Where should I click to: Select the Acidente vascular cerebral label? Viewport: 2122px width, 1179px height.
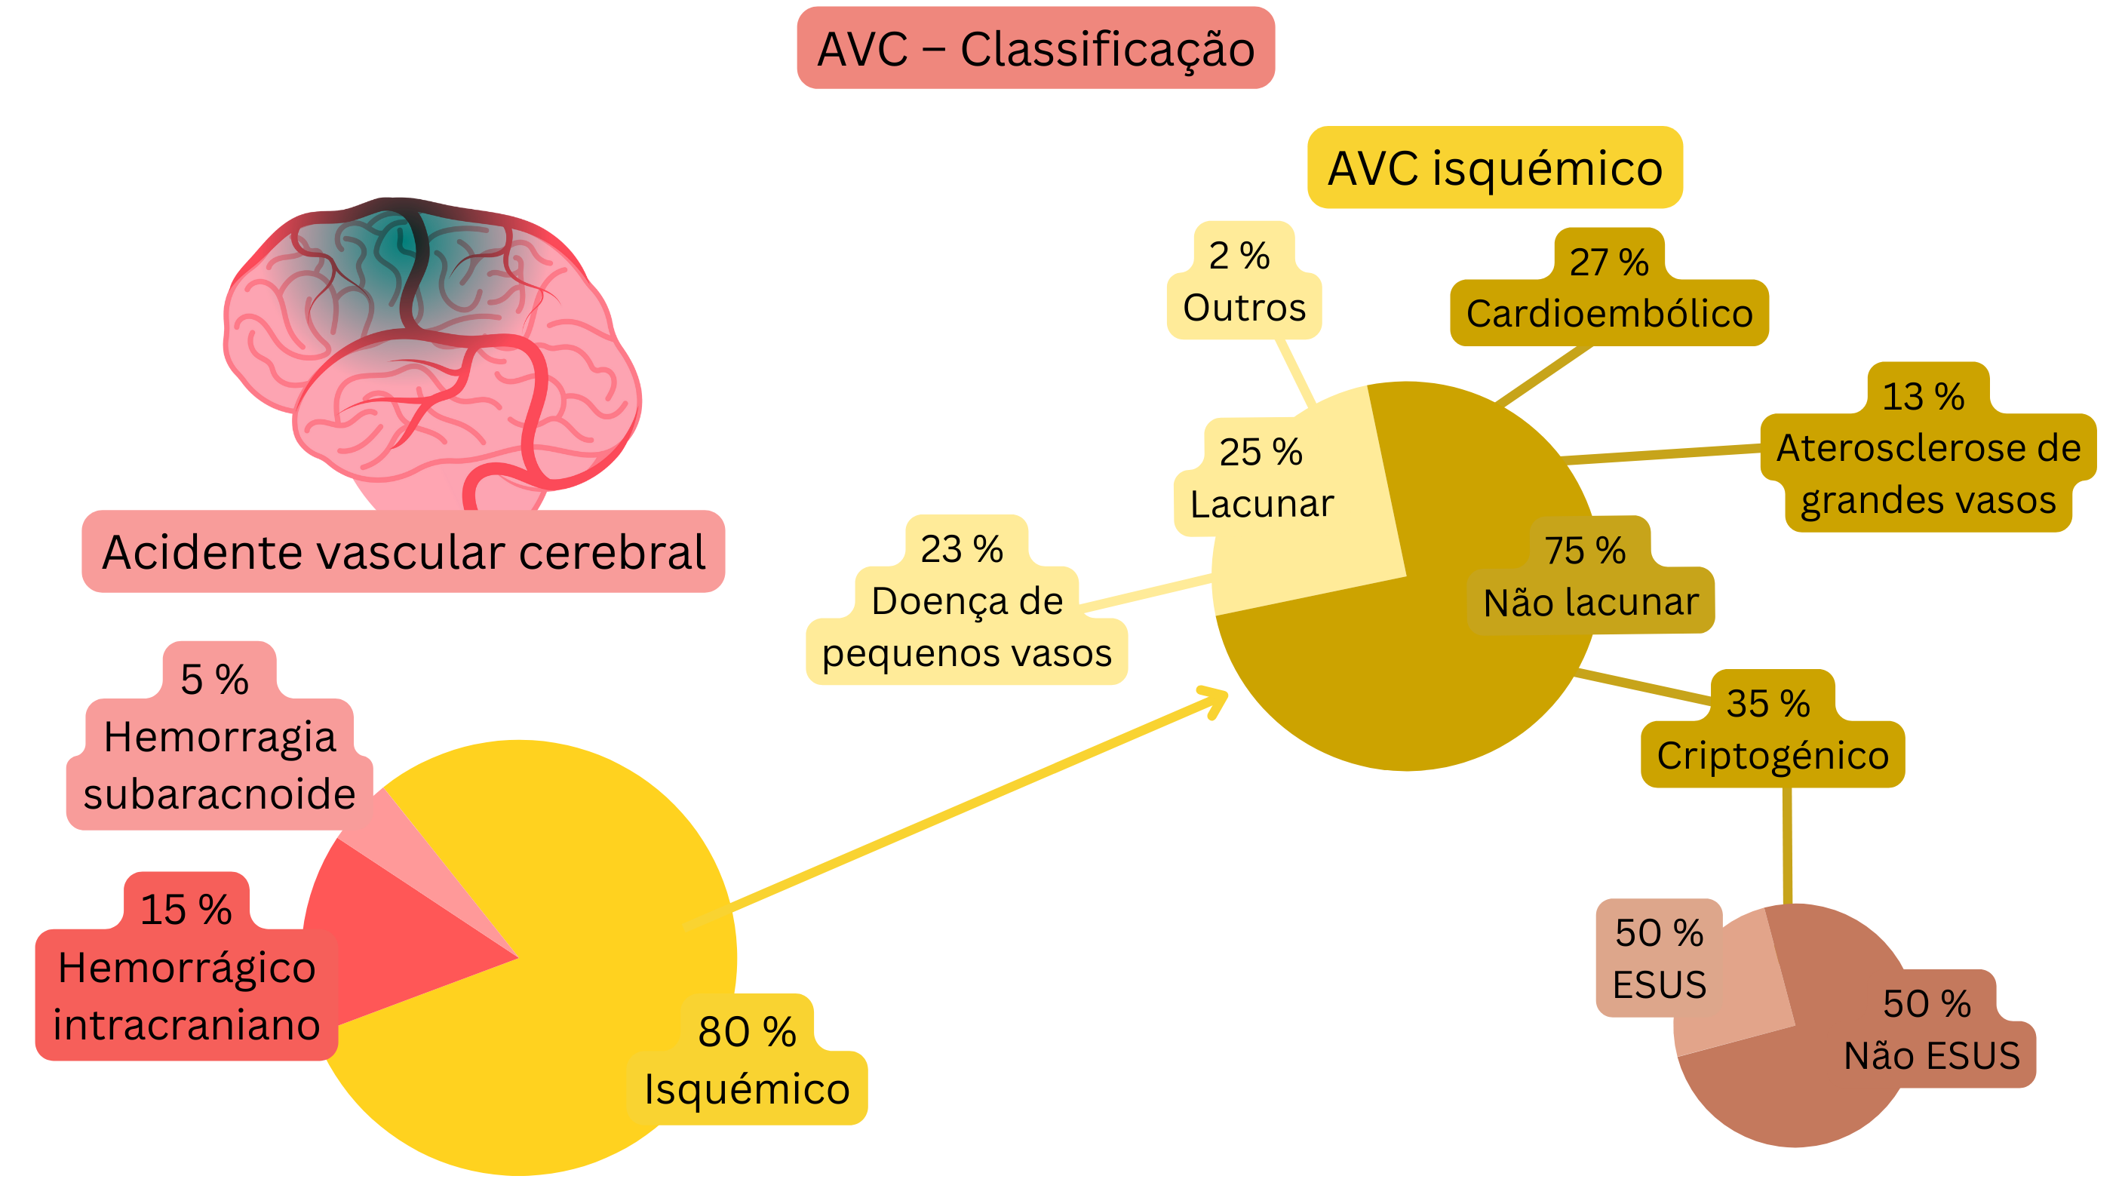pos(403,551)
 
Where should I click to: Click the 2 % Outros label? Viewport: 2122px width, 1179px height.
pos(1244,283)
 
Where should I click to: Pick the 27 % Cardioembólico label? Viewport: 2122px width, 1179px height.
pos(1608,290)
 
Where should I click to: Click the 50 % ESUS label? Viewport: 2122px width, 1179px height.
pos(1658,958)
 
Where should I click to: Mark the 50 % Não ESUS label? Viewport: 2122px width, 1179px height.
pos(1931,1030)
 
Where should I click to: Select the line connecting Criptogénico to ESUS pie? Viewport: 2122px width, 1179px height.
pos(1787,845)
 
